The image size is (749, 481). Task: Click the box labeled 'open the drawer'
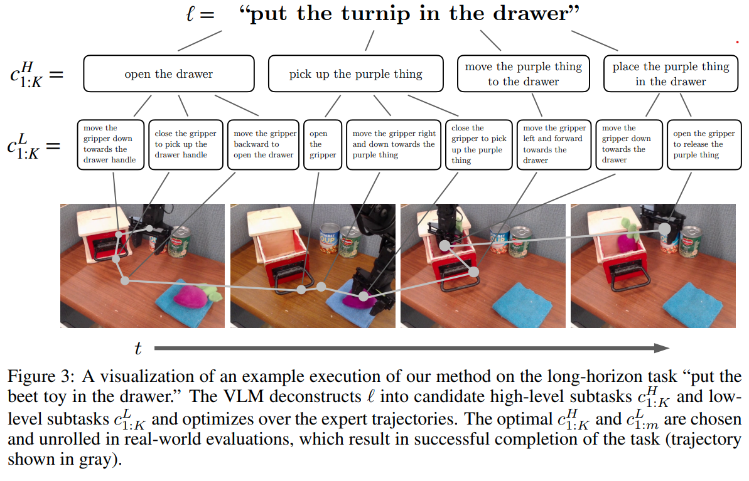coord(169,73)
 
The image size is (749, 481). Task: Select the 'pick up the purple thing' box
coord(355,73)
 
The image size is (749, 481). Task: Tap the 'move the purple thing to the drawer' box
coord(523,73)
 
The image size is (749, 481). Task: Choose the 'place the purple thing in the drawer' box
coord(671,73)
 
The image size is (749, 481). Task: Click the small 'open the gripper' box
coord(323,145)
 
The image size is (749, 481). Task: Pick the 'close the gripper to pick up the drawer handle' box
coord(185,145)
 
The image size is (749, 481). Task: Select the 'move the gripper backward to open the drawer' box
coord(264,145)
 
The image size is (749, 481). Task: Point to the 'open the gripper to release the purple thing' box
coord(704,145)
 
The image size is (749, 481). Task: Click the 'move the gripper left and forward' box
coord(554,145)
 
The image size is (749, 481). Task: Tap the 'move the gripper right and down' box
coord(393,145)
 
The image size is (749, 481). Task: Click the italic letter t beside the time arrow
coord(138,348)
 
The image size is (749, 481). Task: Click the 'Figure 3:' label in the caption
coord(41,376)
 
